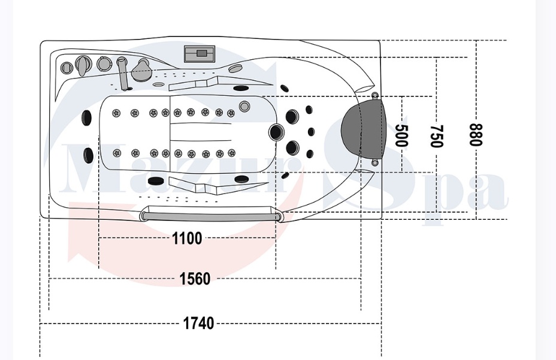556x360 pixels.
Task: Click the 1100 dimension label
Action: coord(187,238)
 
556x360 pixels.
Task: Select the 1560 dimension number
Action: coord(195,279)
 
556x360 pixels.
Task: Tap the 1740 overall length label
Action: coord(198,323)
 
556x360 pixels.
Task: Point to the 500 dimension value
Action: coord(401,135)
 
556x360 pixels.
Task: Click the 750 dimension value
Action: coord(437,136)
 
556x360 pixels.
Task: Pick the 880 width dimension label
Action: coord(476,135)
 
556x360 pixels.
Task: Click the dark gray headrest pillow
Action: coord(364,129)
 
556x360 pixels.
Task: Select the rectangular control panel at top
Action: coord(200,54)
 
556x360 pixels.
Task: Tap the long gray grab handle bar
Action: coord(210,216)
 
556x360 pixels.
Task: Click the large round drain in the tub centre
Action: coord(276,132)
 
